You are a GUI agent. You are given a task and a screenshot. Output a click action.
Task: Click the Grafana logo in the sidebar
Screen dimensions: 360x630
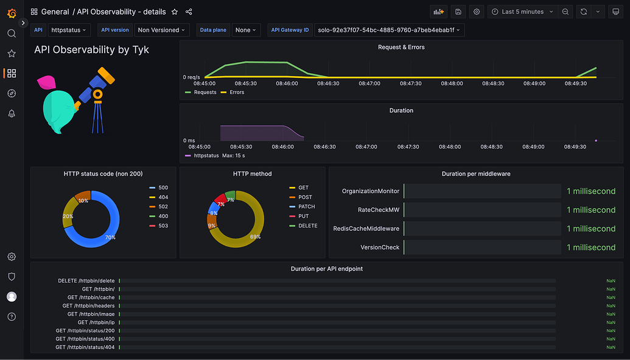[x=12, y=12]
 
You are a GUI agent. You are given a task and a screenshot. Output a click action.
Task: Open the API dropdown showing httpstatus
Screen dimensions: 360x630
[x=69, y=30]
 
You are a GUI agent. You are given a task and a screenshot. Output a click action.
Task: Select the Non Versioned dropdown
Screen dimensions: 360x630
[x=161, y=30]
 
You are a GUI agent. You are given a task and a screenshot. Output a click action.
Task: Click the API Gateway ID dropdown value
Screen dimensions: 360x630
[x=389, y=30]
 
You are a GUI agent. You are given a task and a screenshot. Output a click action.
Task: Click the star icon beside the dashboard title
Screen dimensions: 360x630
[x=175, y=12]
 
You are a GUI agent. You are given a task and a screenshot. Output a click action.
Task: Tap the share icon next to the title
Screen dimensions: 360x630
[x=189, y=12]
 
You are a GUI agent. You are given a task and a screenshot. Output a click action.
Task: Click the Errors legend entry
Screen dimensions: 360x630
[x=236, y=93]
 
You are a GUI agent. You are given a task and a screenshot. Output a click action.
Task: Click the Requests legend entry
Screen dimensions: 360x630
[x=205, y=93]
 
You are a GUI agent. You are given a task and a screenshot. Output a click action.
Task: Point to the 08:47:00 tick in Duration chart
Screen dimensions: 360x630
[x=366, y=147]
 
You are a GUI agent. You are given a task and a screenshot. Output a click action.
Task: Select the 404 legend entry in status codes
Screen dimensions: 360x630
[x=163, y=197]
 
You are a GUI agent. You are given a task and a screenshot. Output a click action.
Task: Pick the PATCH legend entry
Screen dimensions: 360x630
[x=306, y=206]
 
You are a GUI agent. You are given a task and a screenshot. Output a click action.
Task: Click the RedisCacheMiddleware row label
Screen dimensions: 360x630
[x=366, y=228]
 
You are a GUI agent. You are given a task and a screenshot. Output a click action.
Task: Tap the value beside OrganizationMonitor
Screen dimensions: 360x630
[x=590, y=191]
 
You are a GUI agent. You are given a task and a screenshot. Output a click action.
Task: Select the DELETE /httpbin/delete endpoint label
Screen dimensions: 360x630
[x=86, y=281]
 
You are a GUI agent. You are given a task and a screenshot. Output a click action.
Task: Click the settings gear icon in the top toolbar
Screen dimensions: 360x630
[x=477, y=12]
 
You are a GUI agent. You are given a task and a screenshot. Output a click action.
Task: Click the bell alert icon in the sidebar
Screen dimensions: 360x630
[x=12, y=114]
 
